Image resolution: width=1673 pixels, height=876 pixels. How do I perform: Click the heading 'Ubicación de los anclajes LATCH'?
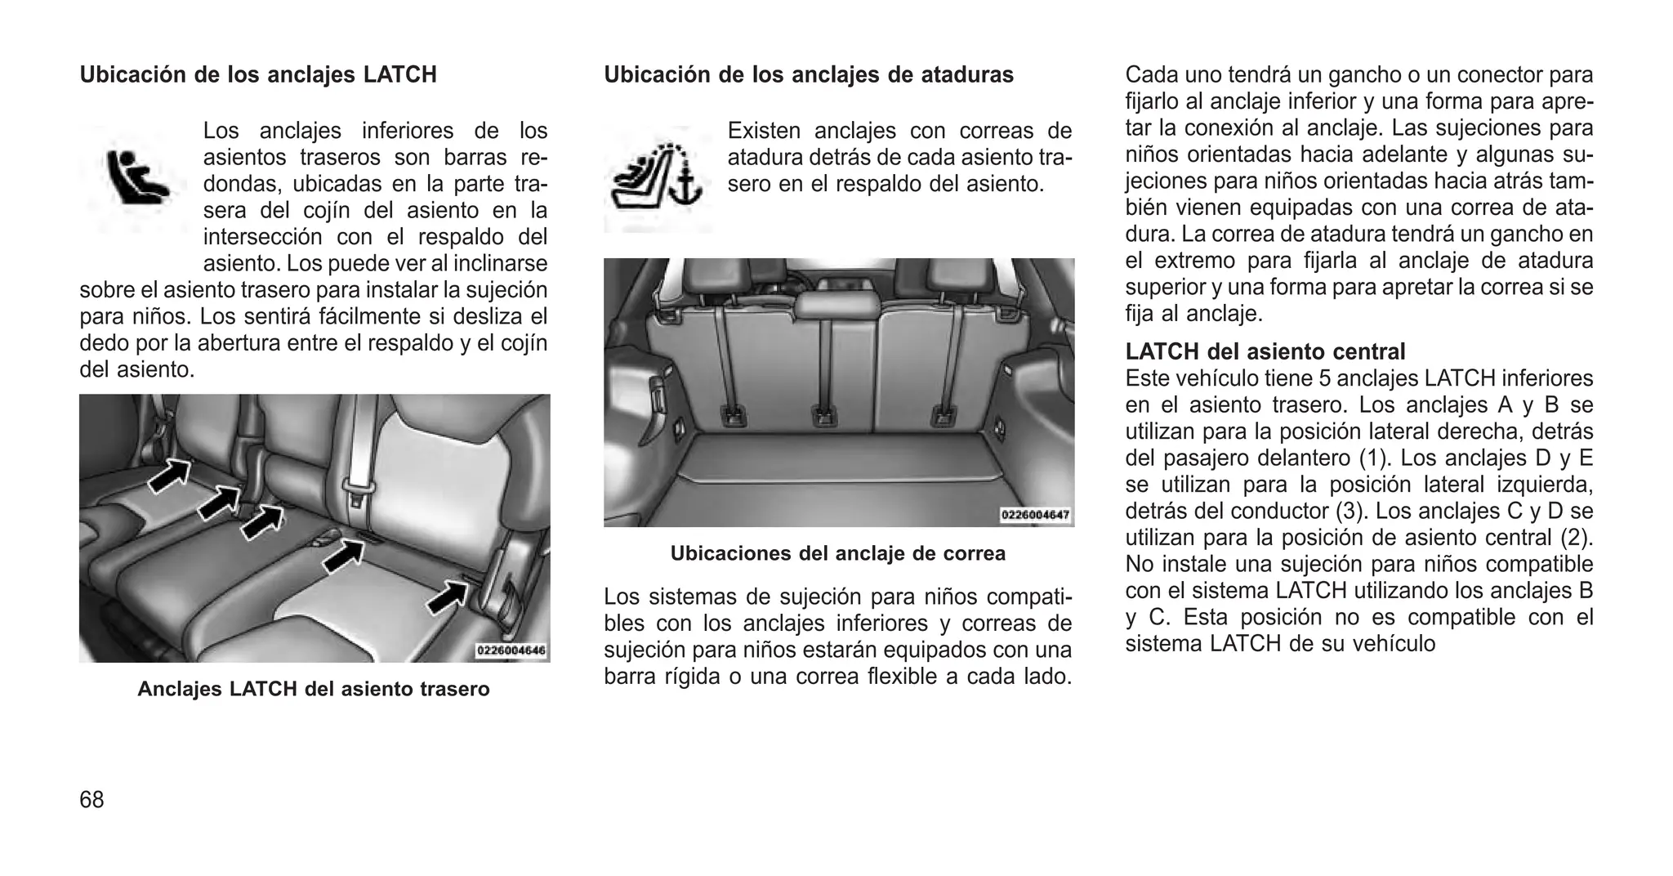[x=258, y=75]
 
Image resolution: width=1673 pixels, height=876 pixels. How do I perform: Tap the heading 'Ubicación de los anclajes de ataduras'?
[x=809, y=75]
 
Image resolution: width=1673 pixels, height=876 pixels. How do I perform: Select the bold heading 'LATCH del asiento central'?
[x=1265, y=352]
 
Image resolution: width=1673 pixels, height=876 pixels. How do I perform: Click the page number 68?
[x=91, y=800]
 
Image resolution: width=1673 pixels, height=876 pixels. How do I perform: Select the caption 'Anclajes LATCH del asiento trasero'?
[x=314, y=689]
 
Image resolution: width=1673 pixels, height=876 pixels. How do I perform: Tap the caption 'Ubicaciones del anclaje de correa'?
[x=837, y=553]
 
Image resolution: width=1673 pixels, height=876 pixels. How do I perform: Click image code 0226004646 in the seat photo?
[x=511, y=651]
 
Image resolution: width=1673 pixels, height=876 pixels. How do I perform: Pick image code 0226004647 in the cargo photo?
[x=1035, y=516]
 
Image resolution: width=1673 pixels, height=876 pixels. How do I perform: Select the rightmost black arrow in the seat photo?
[x=448, y=597]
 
